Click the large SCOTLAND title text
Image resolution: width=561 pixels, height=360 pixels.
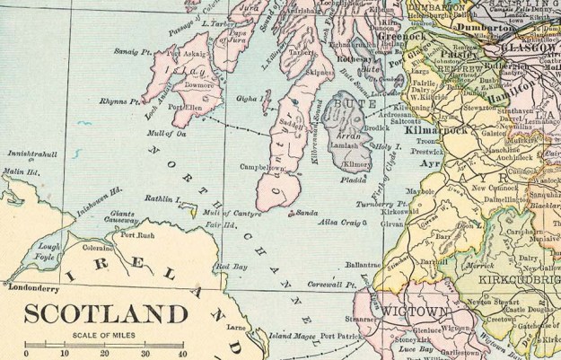click(106, 314)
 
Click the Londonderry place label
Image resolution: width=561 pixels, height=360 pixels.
click(39, 288)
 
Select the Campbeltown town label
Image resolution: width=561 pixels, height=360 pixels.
click(263, 167)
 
